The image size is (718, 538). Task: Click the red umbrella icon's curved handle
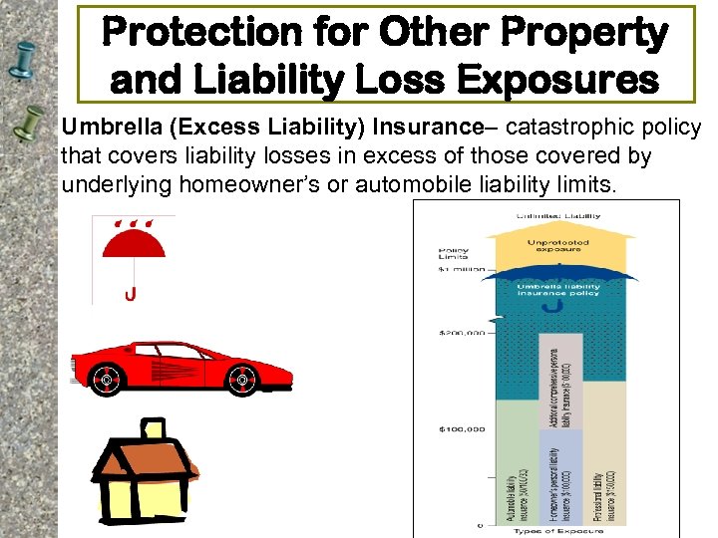[x=130, y=293]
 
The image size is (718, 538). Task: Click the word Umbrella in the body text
[x=101, y=128]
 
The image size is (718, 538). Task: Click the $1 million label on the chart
[x=461, y=270]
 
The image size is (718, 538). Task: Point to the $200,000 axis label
[x=462, y=333]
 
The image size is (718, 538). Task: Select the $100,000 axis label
[x=462, y=429]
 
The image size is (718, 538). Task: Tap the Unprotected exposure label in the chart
[x=557, y=246]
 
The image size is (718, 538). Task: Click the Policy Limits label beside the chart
[x=454, y=253]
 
